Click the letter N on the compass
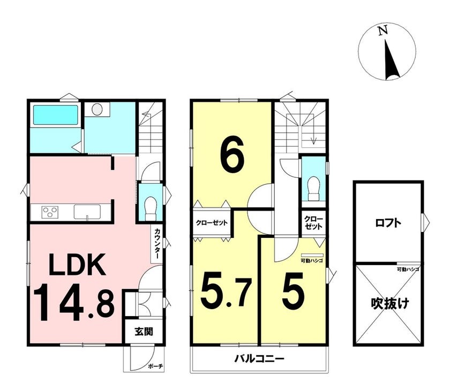[x=382, y=31]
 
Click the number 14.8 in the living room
[x=74, y=302]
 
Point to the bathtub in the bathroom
[x=56, y=115]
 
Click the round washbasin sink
[x=97, y=109]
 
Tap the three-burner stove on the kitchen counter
[x=50, y=212]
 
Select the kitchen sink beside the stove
[x=87, y=212]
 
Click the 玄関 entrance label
[x=144, y=332]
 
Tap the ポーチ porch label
[x=156, y=366]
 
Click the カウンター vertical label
[x=157, y=244]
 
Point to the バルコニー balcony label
[x=259, y=359]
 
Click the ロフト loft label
[x=388, y=223]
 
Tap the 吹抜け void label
[x=390, y=303]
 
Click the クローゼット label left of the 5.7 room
[x=212, y=223]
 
